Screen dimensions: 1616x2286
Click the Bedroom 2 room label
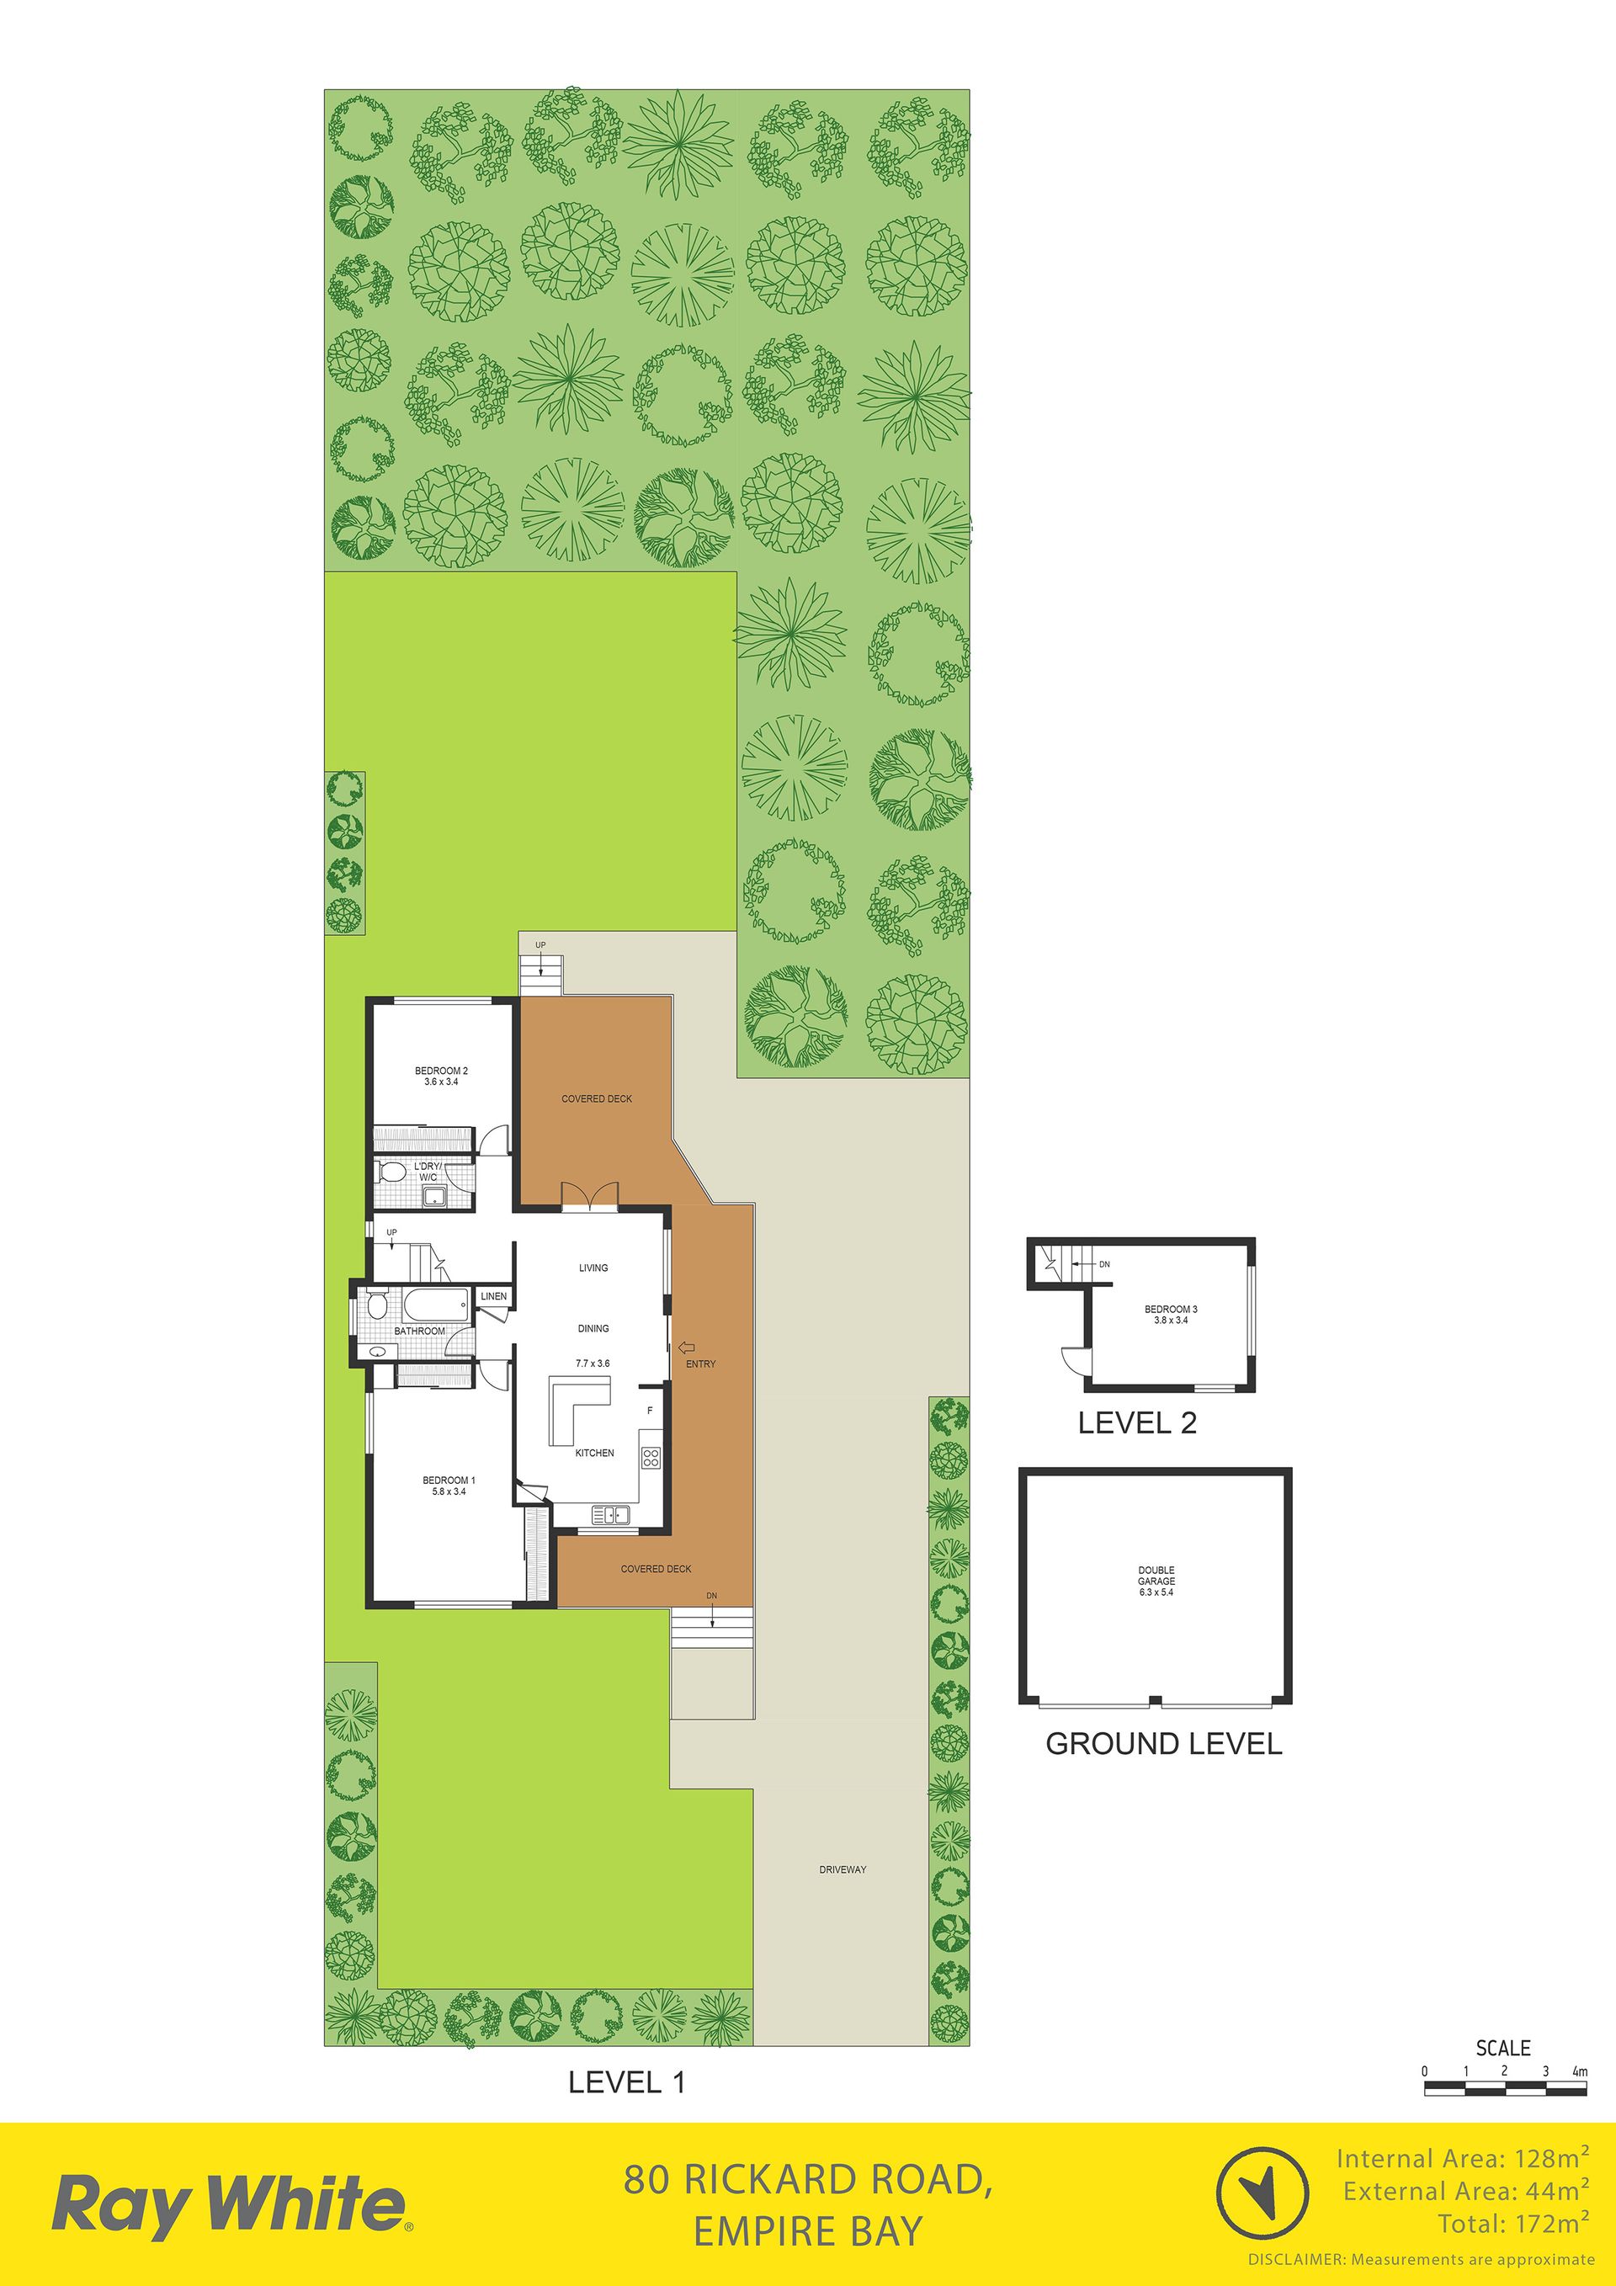point(441,1071)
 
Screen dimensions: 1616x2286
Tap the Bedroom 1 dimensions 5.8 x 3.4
point(449,1491)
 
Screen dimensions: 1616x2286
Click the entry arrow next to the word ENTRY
point(686,1348)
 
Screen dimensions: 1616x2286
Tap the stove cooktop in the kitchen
point(651,1459)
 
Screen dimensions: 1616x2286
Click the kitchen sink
point(610,1515)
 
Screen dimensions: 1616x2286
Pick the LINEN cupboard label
point(494,1296)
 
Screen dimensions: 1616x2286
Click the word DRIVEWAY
point(843,1870)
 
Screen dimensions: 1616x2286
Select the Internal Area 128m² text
point(1462,2159)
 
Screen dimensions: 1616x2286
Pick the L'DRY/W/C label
point(428,1171)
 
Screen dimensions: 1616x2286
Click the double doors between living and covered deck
point(591,1197)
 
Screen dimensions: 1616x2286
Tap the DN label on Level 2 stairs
point(1104,1264)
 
